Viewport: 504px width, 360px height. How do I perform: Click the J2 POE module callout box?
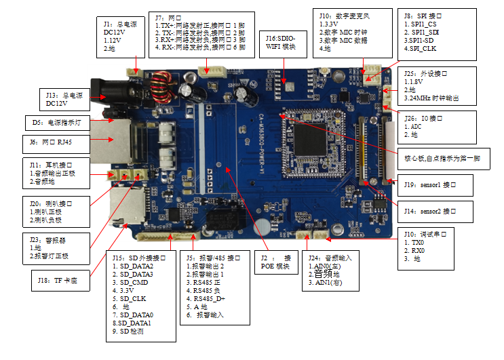coord(277,262)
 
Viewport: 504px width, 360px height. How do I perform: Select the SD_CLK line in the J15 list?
coord(135,298)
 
